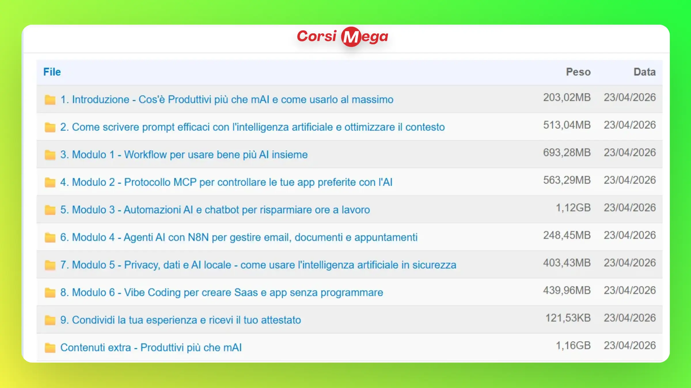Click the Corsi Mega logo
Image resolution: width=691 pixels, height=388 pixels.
click(x=343, y=37)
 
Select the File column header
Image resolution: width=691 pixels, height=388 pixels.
click(x=52, y=72)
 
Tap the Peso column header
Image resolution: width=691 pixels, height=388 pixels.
click(x=578, y=72)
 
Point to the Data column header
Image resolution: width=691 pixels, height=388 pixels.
click(x=645, y=72)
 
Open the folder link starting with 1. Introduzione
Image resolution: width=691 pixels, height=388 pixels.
click(x=227, y=99)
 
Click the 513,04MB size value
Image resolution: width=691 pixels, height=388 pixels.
click(x=567, y=125)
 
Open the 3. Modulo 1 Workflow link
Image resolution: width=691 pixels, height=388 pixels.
click(x=184, y=155)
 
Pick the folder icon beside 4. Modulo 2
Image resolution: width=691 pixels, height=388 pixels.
click(x=50, y=182)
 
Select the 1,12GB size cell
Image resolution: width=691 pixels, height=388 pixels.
click(x=573, y=208)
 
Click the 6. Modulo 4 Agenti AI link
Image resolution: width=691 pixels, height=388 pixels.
click(x=239, y=237)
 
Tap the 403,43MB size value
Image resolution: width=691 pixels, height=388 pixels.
click(x=567, y=263)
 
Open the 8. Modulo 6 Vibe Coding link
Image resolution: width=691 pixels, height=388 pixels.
click(x=222, y=293)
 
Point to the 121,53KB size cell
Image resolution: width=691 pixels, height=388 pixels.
click(x=568, y=318)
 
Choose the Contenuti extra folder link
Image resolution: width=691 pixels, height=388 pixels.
click(x=151, y=347)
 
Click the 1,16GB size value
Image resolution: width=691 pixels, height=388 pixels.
click(x=573, y=345)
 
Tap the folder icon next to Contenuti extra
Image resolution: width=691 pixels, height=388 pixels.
click(x=50, y=347)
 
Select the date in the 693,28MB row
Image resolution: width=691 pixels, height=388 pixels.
click(x=630, y=153)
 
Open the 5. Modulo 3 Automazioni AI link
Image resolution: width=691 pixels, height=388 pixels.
click(x=215, y=210)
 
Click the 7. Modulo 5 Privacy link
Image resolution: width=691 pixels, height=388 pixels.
click(x=258, y=265)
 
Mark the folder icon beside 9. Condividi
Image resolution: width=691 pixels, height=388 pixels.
click(x=50, y=320)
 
